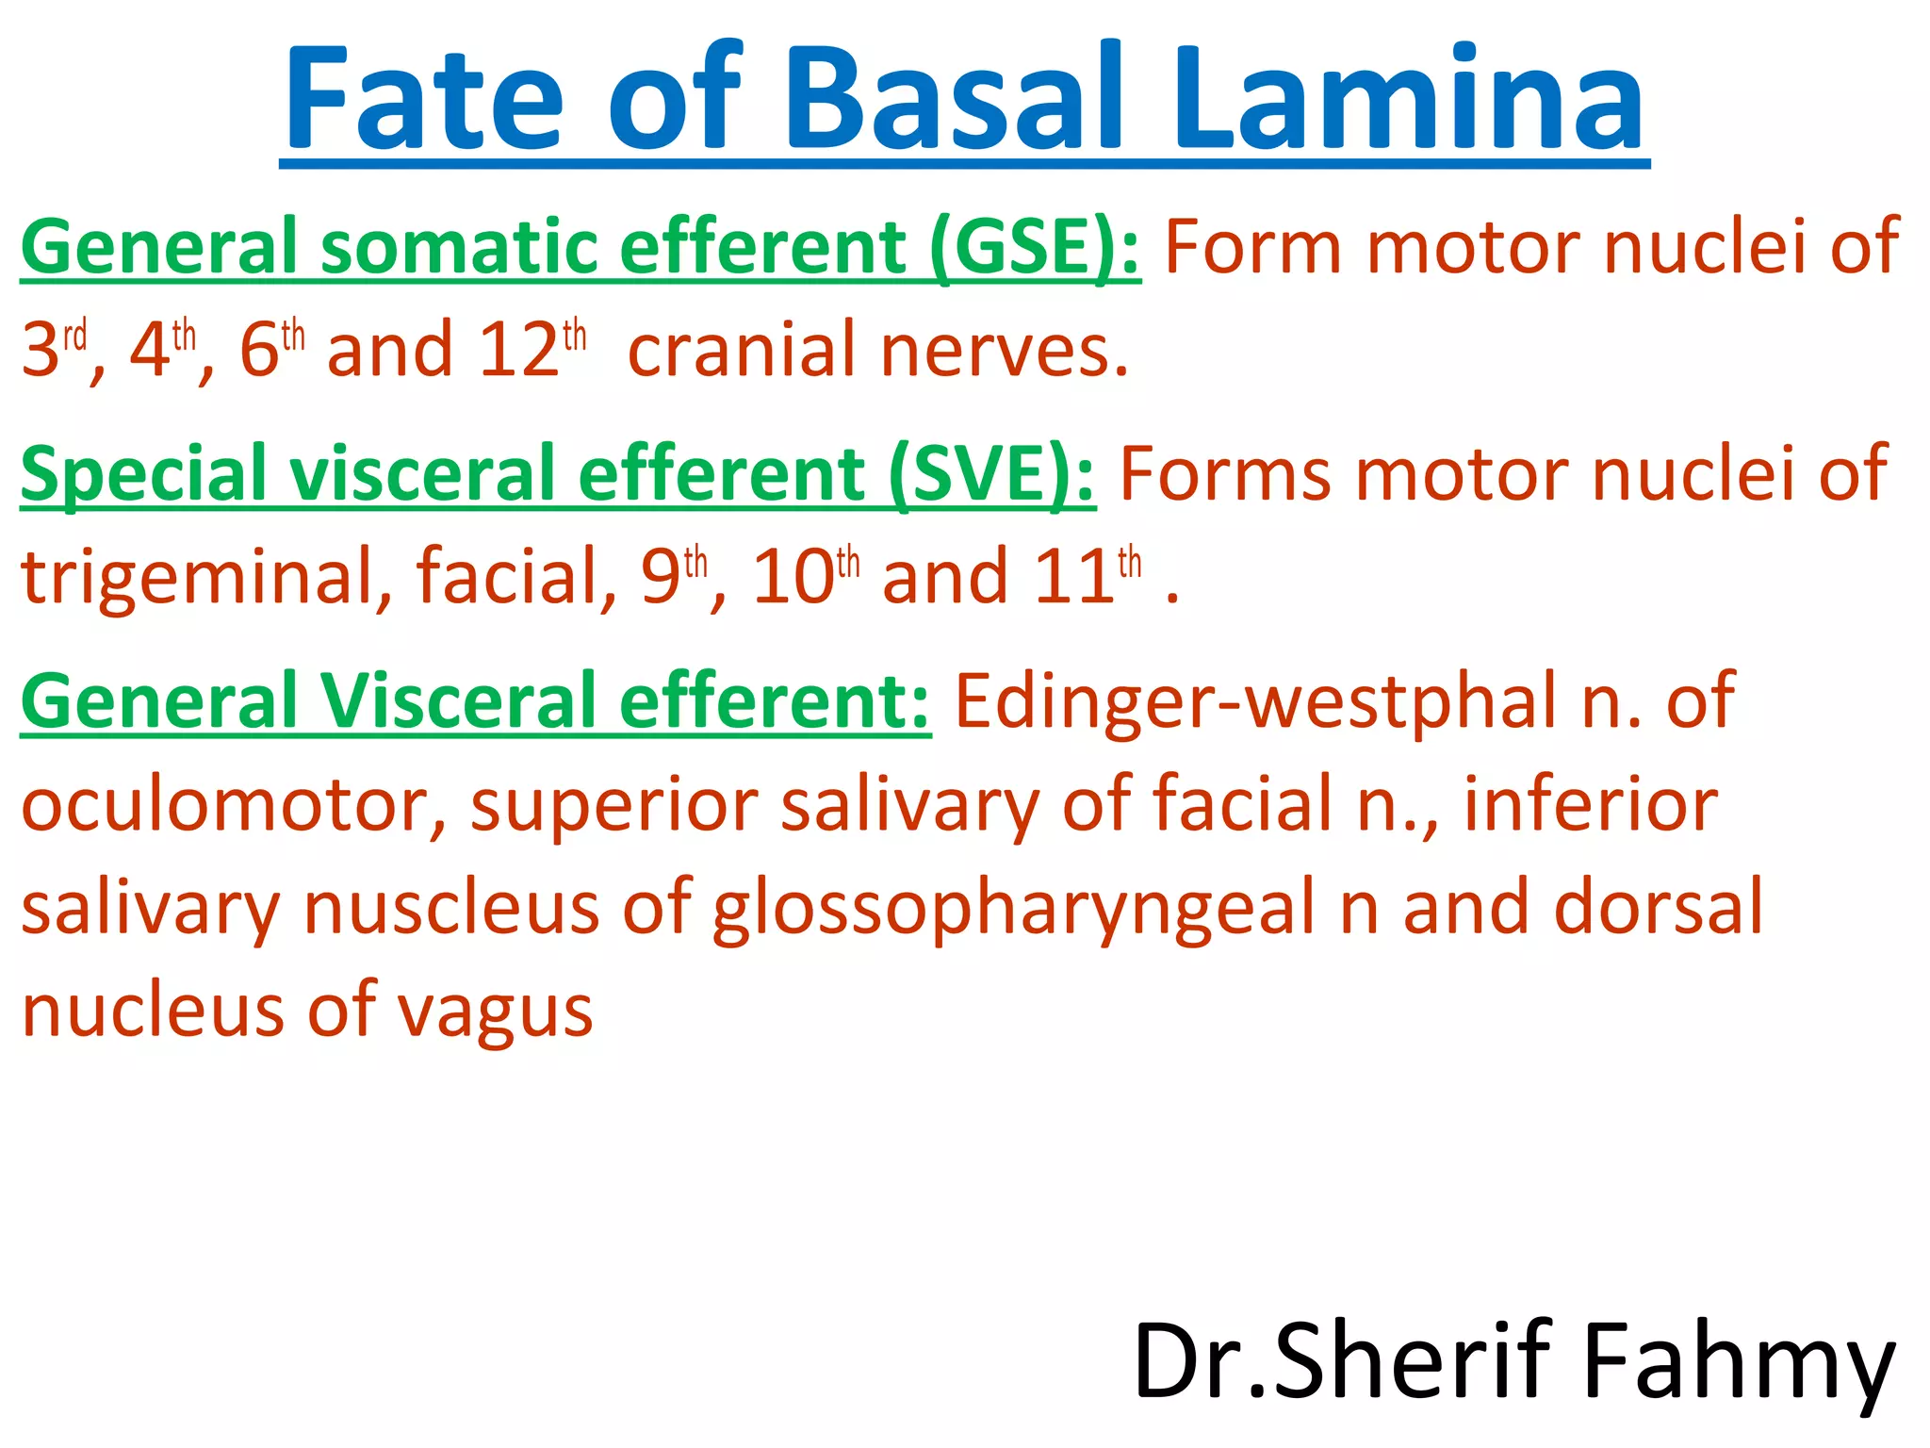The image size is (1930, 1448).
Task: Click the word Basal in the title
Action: click(961, 99)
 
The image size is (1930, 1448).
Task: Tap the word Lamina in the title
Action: click(1408, 99)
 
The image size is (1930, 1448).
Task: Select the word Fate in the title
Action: click(424, 99)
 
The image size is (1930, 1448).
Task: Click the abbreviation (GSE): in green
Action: click(1035, 247)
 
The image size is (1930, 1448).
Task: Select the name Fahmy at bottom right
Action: click(1739, 1362)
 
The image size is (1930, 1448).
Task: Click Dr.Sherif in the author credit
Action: click(1342, 1362)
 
